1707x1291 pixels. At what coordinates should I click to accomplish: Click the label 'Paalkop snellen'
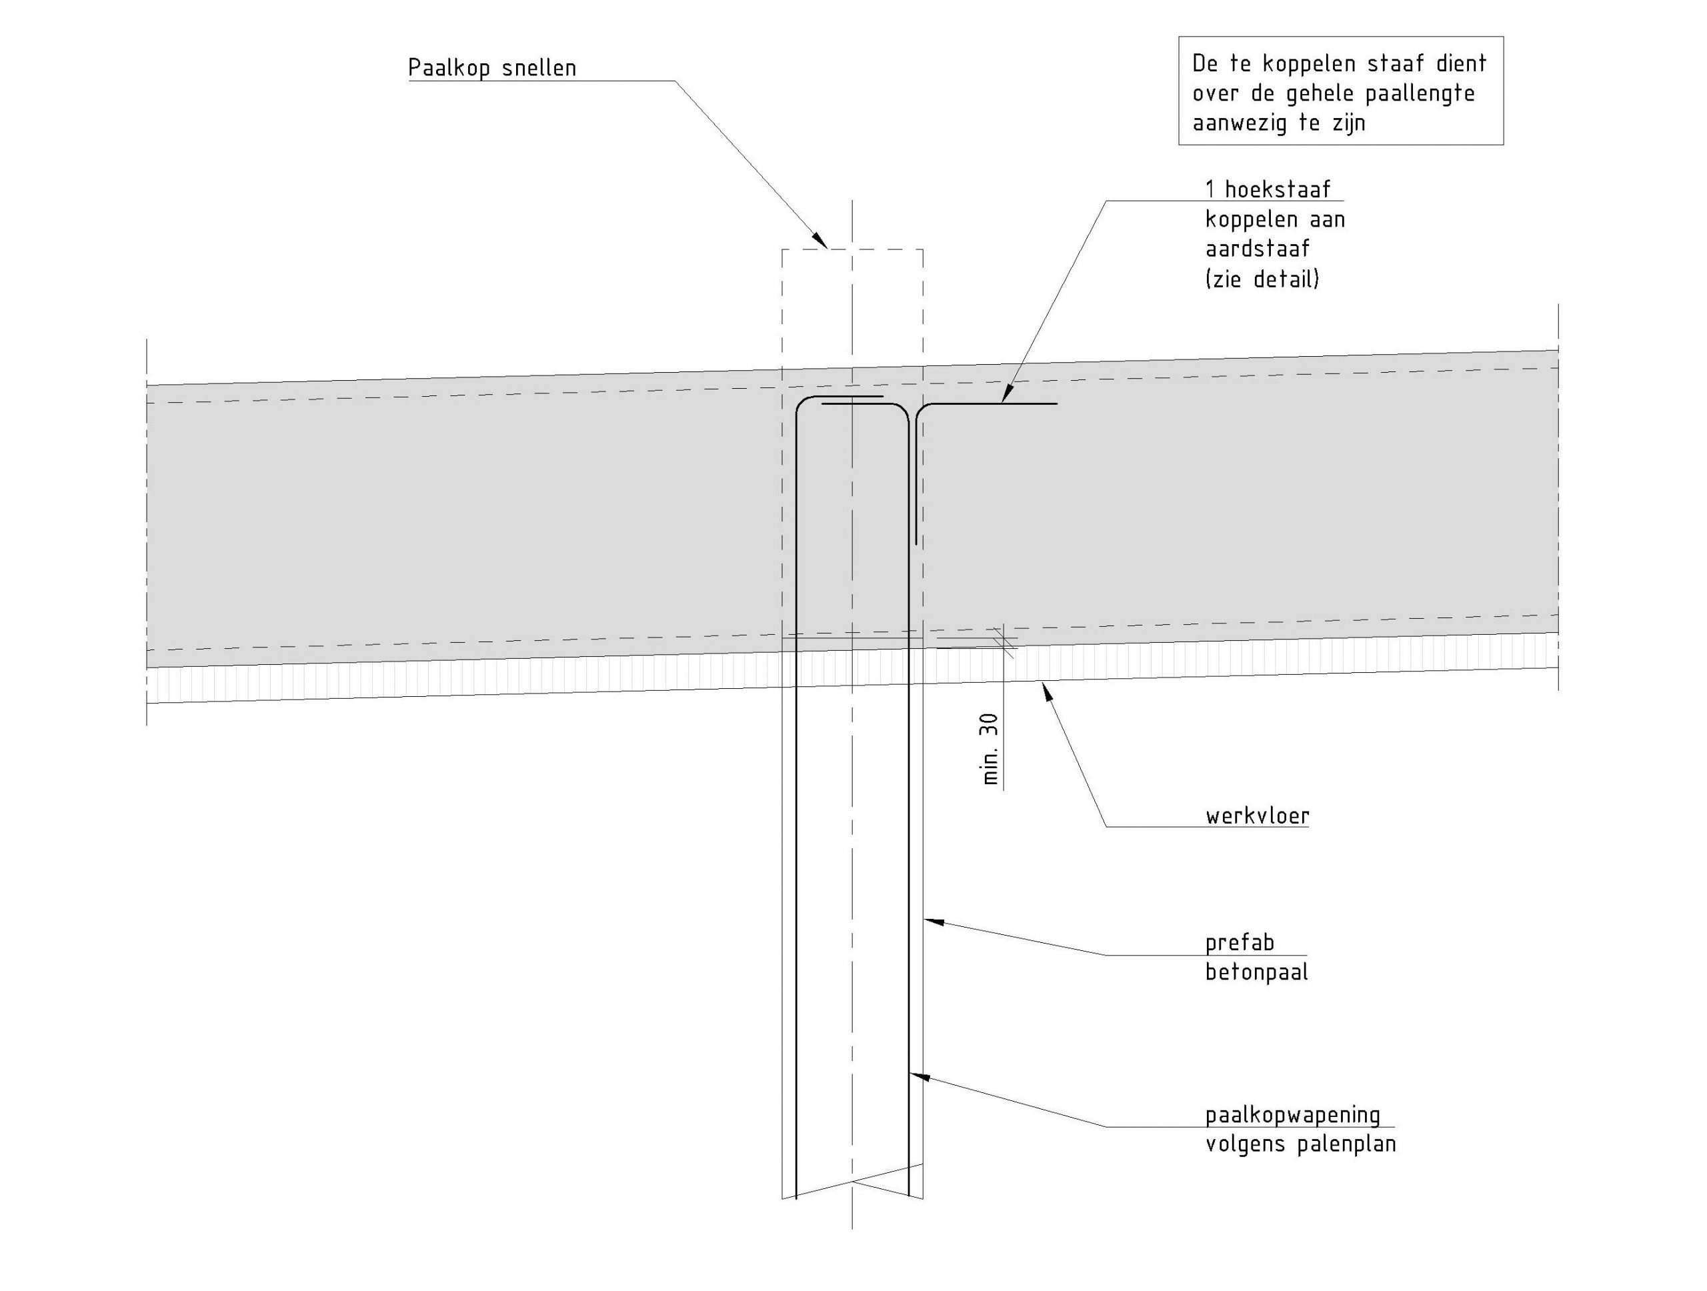click(491, 68)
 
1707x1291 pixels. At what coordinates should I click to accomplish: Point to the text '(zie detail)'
click(1262, 279)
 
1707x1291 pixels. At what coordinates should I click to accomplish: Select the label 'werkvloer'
click(1257, 816)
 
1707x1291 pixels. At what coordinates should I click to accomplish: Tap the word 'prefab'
click(1240, 942)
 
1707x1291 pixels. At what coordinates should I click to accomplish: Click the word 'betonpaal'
click(1256, 972)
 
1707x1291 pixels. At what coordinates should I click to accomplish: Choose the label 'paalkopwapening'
click(1293, 1114)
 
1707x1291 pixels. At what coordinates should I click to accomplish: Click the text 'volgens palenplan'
click(1300, 1144)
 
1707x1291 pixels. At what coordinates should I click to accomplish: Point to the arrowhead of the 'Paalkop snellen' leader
click(819, 240)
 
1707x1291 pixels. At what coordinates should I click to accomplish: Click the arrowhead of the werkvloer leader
click(1047, 690)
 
